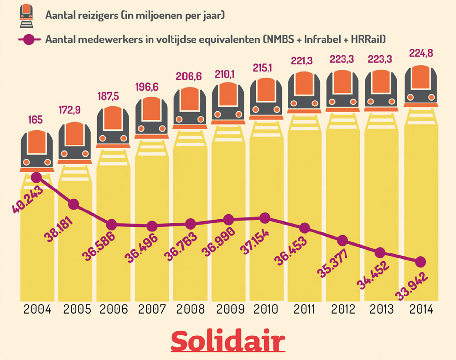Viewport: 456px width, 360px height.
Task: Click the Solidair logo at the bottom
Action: tap(228, 341)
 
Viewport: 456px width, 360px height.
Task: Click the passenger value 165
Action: tap(36, 121)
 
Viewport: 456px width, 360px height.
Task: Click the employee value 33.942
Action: tap(409, 286)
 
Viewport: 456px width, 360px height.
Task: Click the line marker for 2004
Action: tap(37, 177)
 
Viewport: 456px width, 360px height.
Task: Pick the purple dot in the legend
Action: tap(29, 39)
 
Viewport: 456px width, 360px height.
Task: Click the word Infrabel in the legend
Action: tap(323, 39)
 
